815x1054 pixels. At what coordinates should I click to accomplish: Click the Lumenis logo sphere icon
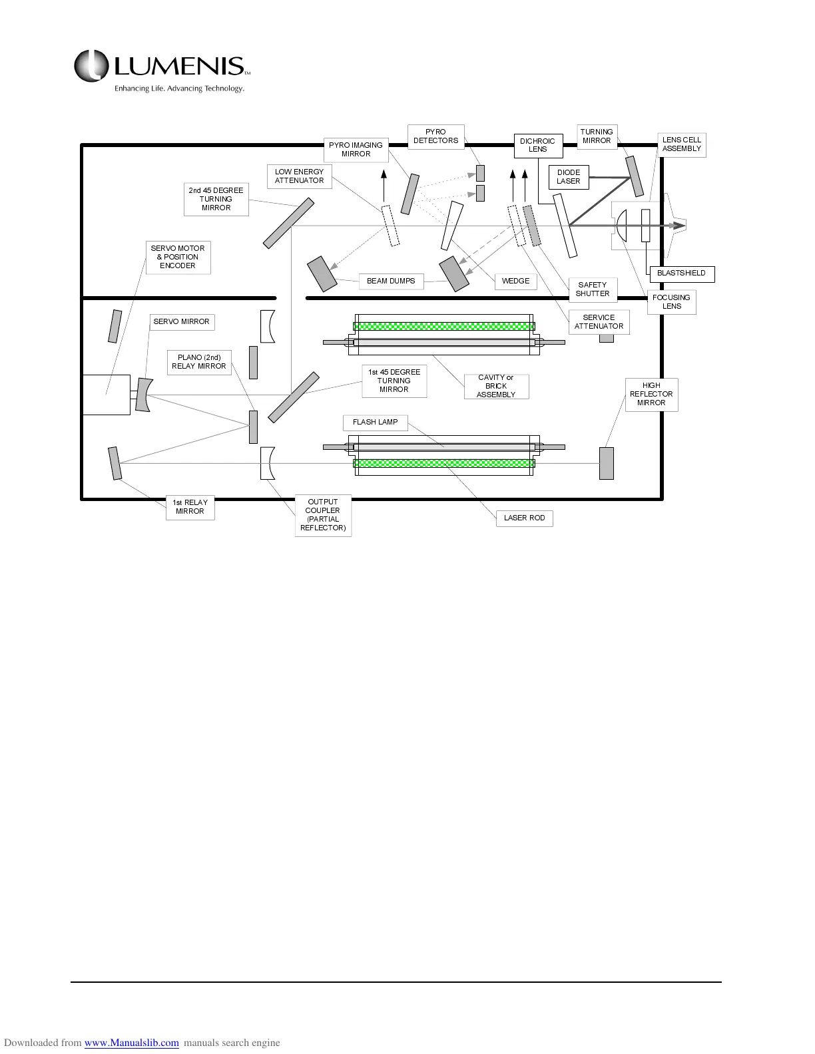[x=91, y=67]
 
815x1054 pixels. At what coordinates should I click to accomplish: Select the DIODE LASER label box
[x=569, y=177]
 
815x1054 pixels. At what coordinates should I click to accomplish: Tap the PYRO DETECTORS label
[x=435, y=136]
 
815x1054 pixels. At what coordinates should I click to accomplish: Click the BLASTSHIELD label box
[x=681, y=273]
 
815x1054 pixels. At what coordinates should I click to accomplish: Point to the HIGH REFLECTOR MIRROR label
[x=651, y=395]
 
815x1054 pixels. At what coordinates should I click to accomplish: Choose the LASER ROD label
[x=524, y=518]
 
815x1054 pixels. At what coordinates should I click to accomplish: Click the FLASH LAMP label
[x=375, y=423]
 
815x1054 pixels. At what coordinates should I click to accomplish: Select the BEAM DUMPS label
[x=391, y=281]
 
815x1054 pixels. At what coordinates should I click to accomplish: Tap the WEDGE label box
[x=515, y=281]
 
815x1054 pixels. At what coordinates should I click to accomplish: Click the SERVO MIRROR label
[x=181, y=322]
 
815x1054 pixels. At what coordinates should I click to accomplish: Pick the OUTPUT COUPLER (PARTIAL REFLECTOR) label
[x=323, y=515]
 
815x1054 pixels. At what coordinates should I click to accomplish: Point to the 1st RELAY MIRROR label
[x=190, y=507]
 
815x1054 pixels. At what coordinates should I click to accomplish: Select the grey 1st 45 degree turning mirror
[x=294, y=397]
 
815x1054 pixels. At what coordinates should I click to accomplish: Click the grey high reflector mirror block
[x=606, y=463]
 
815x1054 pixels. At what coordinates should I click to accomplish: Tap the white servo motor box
[x=106, y=395]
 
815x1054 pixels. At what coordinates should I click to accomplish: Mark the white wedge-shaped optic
[x=452, y=225]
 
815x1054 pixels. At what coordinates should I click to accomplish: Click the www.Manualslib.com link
[x=131, y=1043]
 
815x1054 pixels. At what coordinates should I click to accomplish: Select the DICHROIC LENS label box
[x=537, y=145]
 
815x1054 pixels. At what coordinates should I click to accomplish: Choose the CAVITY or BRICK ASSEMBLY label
[x=496, y=387]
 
